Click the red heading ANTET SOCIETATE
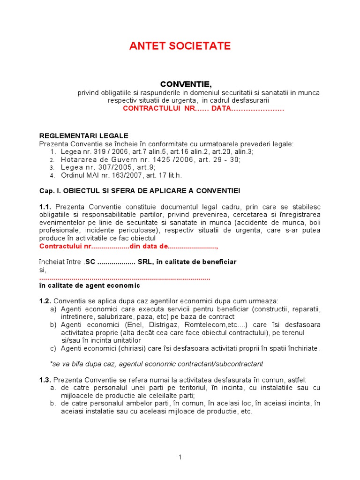click(x=180, y=46)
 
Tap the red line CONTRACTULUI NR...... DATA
click(x=203, y=108)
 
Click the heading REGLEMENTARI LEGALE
click(x=83, y=135)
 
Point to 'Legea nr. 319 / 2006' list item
click(x=91, y=151)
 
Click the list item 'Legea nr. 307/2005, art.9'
click(x=108, y=167)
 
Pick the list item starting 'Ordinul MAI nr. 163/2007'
click(x=114, y=175)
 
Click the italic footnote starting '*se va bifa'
click(x=156, y=364)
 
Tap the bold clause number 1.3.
click(x=45, y=380)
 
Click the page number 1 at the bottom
click(x=180, y=458)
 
